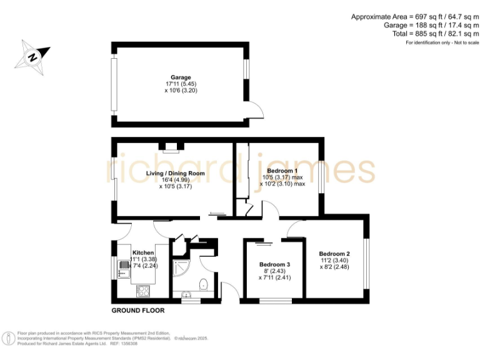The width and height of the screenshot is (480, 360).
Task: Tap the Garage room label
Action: [x=181, y=77]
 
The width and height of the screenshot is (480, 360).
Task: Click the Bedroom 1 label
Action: [x=282, y=171]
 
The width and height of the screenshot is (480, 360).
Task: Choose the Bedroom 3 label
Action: [x=275, y=264]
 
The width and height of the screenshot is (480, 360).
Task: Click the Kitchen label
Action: [x=143, y=252]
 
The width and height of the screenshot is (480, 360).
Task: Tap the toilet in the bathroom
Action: [x=202, y=286]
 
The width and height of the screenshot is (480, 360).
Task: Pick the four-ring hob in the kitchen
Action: [x=143, y=290]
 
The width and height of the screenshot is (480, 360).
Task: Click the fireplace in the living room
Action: [x=169, y=147]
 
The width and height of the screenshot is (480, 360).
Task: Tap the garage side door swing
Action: [x=256, y=110]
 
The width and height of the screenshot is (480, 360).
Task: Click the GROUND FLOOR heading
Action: [x=137, y=311]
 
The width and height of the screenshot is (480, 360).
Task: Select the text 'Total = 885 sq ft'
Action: [x=416, y=34]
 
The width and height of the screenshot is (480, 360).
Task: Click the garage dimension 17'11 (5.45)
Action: [x=181, y=84]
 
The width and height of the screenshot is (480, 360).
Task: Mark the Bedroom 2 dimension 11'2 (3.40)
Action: [x=334, y=261]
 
